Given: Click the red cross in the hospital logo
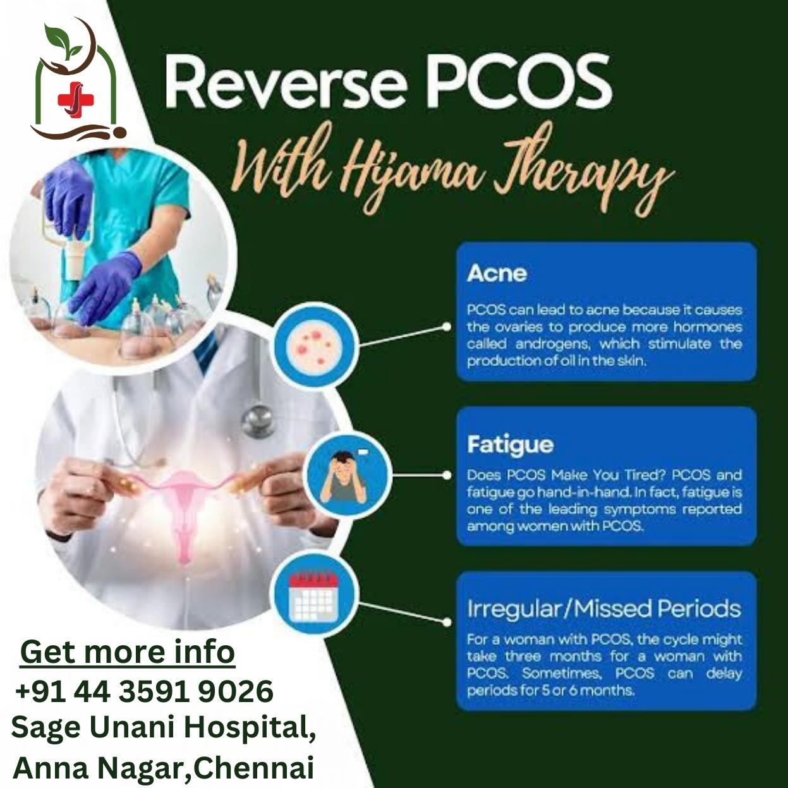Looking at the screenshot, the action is click(x=76, y=100).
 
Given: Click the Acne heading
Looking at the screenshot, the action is click(x=497, y=273).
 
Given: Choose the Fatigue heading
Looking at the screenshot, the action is click(x=511, y=445).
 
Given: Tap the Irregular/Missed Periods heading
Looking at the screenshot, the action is click(x=604, y=609).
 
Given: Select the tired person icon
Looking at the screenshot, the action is click(x=347, y=476).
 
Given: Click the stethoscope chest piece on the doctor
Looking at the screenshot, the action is click(x=258, y=421).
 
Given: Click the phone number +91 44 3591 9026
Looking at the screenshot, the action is click(x=144, y=691).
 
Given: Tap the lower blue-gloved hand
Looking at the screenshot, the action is click(x=106, y=286).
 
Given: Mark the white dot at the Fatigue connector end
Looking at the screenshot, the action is click(x=447, y=475).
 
